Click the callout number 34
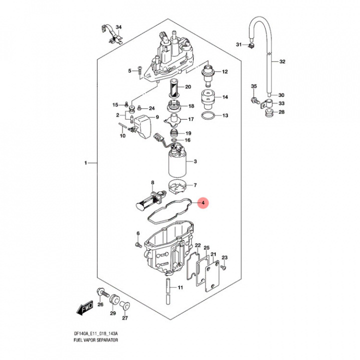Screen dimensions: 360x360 [118, 26]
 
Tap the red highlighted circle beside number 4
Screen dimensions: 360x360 [202, 202]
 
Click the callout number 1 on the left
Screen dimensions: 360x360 [85, 163]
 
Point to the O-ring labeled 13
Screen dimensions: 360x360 [207, 116]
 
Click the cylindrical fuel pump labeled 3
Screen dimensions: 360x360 [177, 163]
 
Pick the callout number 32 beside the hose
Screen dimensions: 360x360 [282, 62]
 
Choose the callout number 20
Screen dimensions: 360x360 [188, 87]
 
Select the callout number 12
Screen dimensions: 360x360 [224, 72]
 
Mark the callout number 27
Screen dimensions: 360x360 [125, 318]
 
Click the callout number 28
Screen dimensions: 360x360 [281, 112]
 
